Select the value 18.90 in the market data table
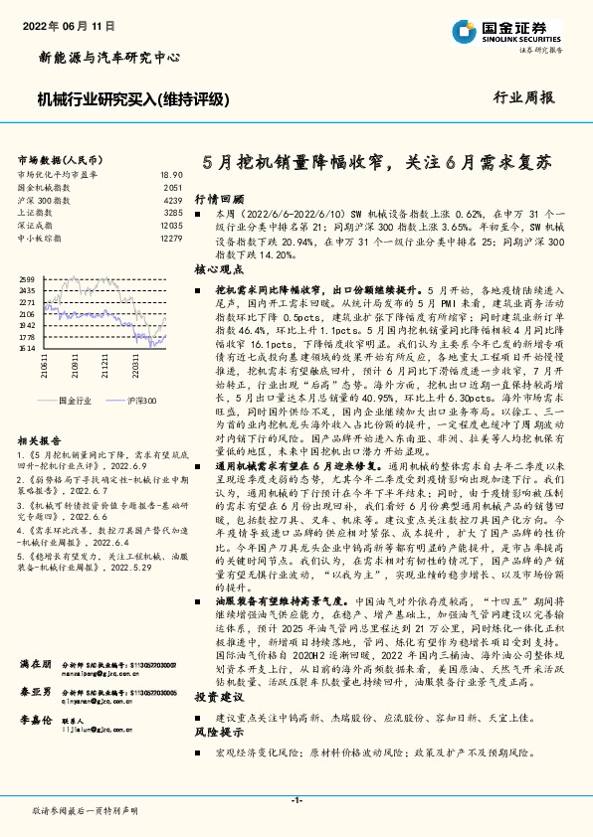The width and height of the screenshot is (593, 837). (x=171, y=174)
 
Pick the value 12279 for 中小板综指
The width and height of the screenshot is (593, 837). (x=170, y=239)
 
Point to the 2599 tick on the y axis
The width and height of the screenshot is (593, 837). (x=27, y=279)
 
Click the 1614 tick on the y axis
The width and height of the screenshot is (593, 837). (x=27, y=349)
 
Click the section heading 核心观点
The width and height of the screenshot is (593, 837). (x=218, y=269)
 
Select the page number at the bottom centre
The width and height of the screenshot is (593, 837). (x=296, y=800)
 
